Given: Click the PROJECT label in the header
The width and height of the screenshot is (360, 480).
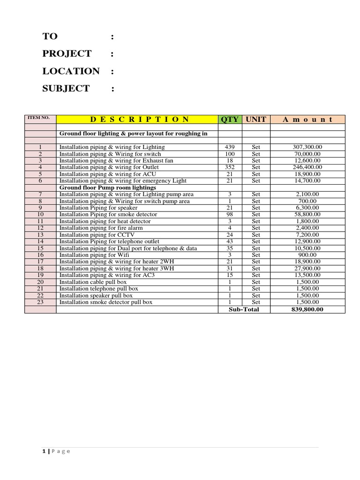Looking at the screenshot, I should point(67,53).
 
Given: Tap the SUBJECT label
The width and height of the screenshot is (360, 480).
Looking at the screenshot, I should point(66,89).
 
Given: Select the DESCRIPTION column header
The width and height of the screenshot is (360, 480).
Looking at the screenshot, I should point(137,120).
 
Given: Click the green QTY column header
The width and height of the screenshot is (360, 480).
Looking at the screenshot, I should point(230,120).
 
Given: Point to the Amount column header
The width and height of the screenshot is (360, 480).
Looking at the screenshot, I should point(307,120).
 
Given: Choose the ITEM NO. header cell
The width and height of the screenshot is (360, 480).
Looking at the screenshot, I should point(40,118).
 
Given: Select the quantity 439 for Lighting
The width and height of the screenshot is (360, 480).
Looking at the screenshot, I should point(230,147).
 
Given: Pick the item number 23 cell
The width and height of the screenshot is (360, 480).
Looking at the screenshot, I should point(40,302).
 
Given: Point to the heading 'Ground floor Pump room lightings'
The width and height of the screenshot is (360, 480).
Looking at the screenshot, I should point(108,187).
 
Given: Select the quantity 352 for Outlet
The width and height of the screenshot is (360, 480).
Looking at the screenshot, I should point(230,167).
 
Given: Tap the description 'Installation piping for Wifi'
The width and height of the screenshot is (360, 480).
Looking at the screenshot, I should point(94,255).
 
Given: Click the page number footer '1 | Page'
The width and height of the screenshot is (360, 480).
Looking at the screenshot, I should point(56,451).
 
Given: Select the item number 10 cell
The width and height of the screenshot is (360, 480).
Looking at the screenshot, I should point(40,215).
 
